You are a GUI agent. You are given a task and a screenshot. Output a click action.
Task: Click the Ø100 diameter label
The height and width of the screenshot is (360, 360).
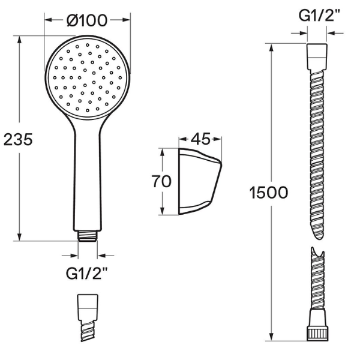(x=87, y=20)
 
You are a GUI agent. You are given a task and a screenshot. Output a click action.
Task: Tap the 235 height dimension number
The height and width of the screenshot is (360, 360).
(x=18, y=139)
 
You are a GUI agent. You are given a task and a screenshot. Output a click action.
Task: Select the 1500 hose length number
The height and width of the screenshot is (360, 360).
(x=269, y=193)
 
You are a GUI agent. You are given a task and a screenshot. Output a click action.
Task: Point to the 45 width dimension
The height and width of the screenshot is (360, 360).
(x=200, y=139)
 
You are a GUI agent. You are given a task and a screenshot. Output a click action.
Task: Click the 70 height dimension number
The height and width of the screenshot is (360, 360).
(x=161, y=181)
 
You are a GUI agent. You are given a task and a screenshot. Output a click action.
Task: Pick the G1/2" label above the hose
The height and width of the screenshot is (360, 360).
(x=319, y=16)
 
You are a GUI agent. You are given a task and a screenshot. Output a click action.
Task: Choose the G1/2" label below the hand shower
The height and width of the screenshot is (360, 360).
(x=87, y=273)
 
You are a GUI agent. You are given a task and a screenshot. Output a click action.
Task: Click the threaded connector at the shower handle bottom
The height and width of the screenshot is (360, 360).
(x=87, y=236)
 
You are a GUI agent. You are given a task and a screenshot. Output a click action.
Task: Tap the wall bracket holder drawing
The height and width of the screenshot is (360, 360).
(x=200, y=181)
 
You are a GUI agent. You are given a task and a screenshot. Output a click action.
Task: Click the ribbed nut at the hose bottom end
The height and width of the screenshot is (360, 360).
(x=318, y=334)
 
